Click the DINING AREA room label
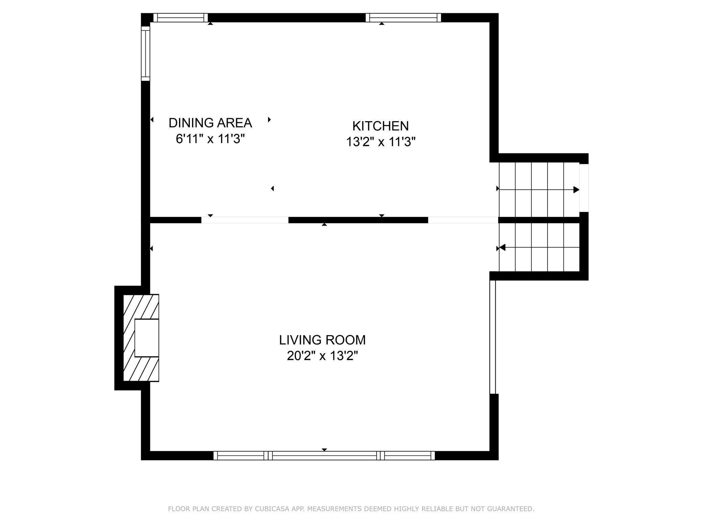210,123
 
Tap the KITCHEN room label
381,126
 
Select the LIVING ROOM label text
322,340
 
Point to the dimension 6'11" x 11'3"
210,139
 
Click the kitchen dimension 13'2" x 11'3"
381,142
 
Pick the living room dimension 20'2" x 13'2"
322,356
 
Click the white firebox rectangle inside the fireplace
147,338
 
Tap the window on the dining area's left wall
145,53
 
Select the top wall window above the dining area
180,18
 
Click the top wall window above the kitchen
403,18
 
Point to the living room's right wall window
493,337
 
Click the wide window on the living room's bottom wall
324,456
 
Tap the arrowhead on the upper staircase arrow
576,190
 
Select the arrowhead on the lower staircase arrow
502,248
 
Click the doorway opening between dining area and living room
245,220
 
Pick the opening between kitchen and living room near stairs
463,220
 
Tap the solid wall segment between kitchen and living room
358,220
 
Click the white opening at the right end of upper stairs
584,188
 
